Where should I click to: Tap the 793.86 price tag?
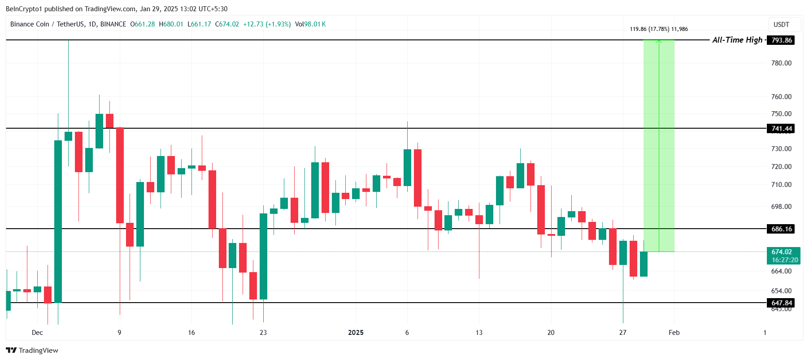pos(781,40)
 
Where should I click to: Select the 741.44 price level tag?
pos(781,129)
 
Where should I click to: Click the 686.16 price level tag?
pos(781,229)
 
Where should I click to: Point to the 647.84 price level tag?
pos(781,303)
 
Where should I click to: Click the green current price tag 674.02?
pos(781,252)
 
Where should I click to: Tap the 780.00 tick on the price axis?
pos(781,63)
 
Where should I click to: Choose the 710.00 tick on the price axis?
pos(781,185)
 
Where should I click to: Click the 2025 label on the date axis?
pos(356,333)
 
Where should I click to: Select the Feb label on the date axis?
pos(674,333)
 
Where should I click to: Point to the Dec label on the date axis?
pos(37,333)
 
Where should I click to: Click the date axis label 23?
pos(263,333)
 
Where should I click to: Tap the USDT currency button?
pos(781,25)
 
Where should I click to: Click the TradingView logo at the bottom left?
pos(32,351)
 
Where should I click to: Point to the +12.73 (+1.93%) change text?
pos(267,24)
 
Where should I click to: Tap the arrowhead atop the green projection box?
pos(659,42)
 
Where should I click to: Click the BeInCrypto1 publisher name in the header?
pos(24,9)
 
